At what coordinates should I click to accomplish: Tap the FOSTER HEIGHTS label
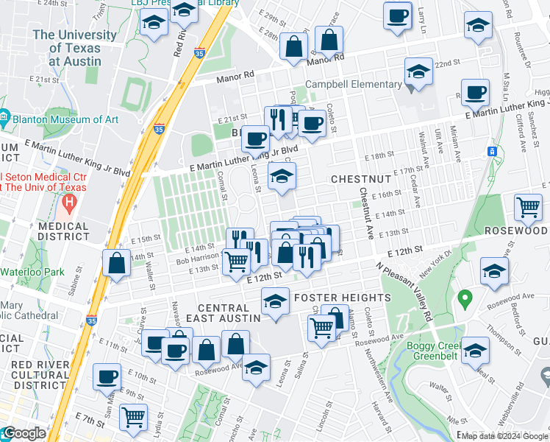pos(343,298)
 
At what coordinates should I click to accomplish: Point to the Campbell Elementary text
pos(354,84)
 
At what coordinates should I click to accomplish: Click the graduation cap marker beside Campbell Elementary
pos(419,72)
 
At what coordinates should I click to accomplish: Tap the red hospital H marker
pos(70,200)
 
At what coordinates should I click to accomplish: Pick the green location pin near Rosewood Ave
pos(464,299)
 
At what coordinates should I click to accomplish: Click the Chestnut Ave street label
pos(365,213)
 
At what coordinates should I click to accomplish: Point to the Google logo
pos(24,433)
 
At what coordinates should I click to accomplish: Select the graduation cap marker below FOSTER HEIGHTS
pos(276,302)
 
